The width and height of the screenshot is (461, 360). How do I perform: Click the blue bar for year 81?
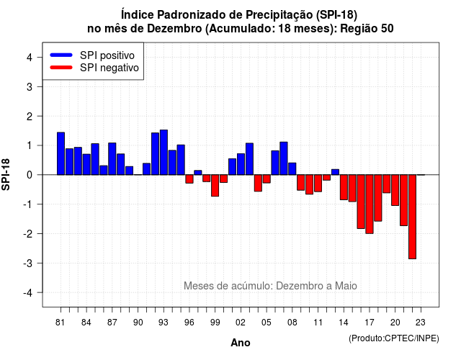pos(61,153)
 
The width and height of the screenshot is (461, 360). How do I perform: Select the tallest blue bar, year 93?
pos(164,152)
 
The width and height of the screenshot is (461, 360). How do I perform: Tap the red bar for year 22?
pos(413,217)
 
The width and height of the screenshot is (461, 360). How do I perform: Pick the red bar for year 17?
pos(370,204)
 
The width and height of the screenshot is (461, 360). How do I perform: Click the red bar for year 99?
pos(215,186)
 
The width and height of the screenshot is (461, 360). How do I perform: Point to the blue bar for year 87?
pos(112,158)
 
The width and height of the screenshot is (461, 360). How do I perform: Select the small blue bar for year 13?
pos(335,172)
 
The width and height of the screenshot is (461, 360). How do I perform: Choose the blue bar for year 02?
pos(241,164)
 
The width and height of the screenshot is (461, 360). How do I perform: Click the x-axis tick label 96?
pos(189,323)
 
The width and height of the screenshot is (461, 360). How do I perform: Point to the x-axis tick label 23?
pos(421,323)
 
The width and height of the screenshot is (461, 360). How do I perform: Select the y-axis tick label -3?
pos(28,263)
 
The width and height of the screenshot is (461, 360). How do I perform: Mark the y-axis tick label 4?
pos(30,57)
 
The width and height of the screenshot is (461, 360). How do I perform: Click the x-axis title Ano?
pos(241,343)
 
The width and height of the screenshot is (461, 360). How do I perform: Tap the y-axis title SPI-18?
pos(6,174)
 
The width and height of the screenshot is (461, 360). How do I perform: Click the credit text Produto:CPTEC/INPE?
pos(394,338)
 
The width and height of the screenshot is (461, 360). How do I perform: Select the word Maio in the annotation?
pos(346,286)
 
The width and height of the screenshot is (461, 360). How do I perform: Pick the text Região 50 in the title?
pos(367,29)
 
